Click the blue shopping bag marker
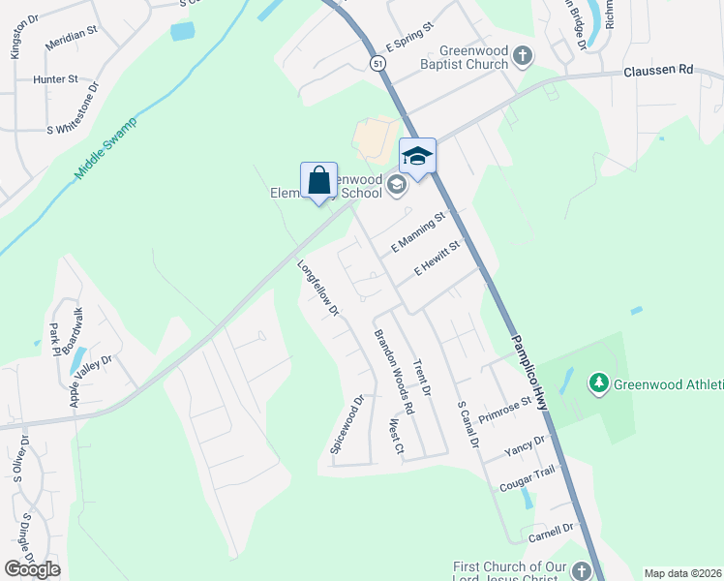pyautogui.click(x=318, y=180)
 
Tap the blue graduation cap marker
pyautogui.click(x=418, y=157)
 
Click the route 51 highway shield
pyautogui.click(x=377, y=62)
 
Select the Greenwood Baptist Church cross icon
pyautogui.click(x=523, y=55)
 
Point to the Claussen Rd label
pyautogui.click(x=659, y=70)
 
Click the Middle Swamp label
pyautogui.click(x=106, y=148)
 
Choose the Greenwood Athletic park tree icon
pyautogui.click(x=600, y=384)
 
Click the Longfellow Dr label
pyautogui.click(x=318, y=288)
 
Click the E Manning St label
pyautogui.click(x=416, y=233)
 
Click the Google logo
pyautogui.click(x=32, y=569)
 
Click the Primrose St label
pyautogui.click(x=505, y=407)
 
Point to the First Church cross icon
pyautogui.click(x=581, y=570)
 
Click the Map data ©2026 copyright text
pyautogui.click(x=682, y=573)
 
